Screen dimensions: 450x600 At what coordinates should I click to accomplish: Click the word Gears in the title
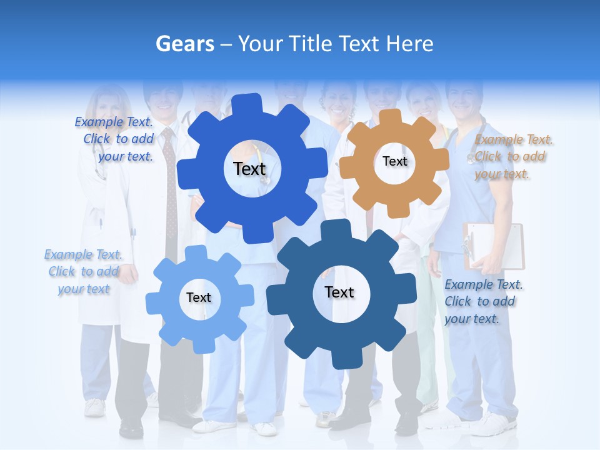[184, 44]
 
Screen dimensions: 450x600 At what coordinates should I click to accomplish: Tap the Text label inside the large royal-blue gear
[249, 169]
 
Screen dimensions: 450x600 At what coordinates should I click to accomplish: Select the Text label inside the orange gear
[394, 161]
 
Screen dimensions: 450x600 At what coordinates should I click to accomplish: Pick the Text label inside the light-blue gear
[199, 297]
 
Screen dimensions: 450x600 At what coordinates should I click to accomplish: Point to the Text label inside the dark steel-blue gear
[339, 292]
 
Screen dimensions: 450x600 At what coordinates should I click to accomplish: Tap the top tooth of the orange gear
[389, 117]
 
